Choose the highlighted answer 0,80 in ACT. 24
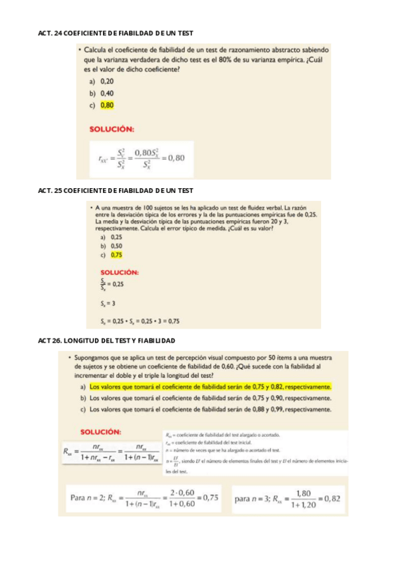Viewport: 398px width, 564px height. tap(107, 105)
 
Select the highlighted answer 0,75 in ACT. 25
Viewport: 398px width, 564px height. tap(116, 255)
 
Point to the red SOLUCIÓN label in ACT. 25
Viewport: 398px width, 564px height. tap(119, 271)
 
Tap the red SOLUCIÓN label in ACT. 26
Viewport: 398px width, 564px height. tap(100, 432)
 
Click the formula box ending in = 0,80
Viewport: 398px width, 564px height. tap(142, 159)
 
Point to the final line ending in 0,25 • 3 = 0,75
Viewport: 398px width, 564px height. tap(140, 321)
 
